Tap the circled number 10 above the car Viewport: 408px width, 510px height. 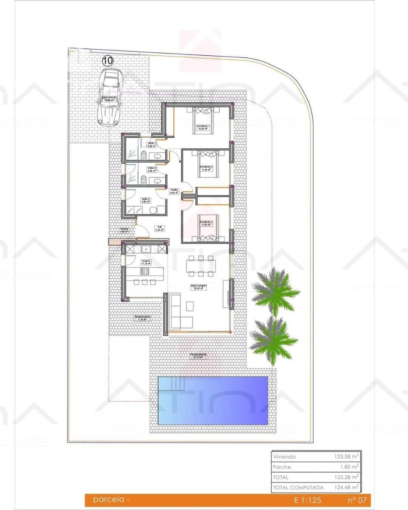tap(108, 61)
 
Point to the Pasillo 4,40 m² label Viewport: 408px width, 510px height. tap(174, 191)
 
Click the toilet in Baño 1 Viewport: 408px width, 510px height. tap(144, 156)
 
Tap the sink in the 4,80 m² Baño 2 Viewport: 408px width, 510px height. tap(159, 181)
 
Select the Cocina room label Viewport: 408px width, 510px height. tap(146, 262)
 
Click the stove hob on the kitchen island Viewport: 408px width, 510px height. tap(145, 271)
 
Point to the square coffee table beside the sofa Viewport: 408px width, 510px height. tap(190, 306)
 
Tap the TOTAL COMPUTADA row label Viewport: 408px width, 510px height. tap(299, 487)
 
